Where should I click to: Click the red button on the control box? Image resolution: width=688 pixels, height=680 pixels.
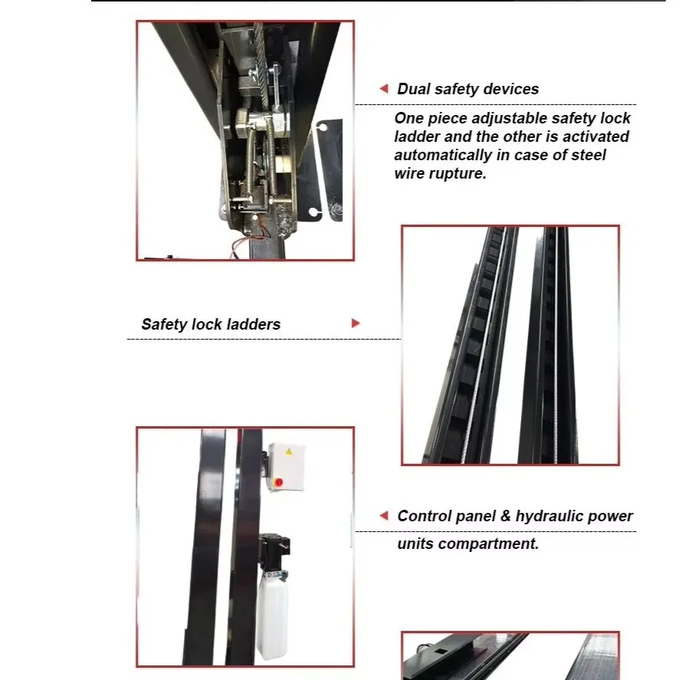(278, 482)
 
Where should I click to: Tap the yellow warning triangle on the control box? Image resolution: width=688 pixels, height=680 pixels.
(289, 452)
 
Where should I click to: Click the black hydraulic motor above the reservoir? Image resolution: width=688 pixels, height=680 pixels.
(274, 551)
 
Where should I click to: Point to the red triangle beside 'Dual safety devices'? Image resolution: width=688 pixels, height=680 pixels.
(385, 89)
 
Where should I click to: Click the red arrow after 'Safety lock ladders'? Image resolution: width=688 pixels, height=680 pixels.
(355, 324)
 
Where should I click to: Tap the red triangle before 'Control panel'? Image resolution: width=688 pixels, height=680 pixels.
(385, 516)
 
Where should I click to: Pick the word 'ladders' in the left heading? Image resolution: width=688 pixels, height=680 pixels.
(255, 324)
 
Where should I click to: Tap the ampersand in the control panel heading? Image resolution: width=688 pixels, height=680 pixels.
(505, 516)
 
